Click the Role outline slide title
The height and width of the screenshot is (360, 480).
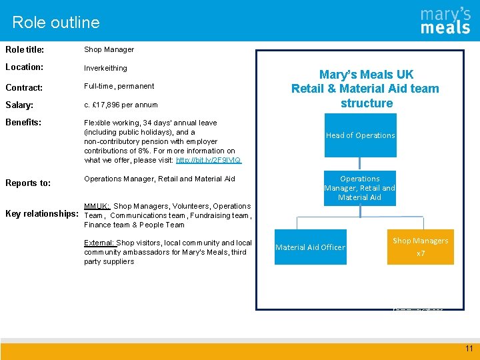pos(56,22)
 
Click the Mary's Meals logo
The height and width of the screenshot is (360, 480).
pos(445,21)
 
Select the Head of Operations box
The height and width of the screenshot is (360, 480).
pos(360,135)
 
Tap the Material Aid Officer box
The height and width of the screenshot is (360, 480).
pos(310,247)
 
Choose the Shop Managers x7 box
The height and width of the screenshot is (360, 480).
pos(420,247)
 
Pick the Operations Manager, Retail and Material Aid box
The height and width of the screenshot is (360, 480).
pos(360,188)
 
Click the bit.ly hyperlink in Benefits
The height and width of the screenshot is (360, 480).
pos(209,160)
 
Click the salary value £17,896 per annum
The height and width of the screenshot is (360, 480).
pos(121,105)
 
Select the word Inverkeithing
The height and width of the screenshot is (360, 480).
pos(105,68)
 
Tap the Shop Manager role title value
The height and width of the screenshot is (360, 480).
pos(109,49)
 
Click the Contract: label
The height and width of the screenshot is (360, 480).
pos(24,87)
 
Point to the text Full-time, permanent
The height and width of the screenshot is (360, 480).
pos(119,86)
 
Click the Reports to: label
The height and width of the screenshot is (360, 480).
pos(28,183)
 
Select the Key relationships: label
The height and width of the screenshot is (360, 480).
pos(42,214)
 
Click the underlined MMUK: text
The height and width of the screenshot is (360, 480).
pos(97,206)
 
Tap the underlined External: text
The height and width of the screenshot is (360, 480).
pos(99,243)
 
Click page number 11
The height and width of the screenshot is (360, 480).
pos(469,349)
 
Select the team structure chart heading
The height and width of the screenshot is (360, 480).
pos(365,89)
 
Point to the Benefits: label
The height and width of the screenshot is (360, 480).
pos(23,123)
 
